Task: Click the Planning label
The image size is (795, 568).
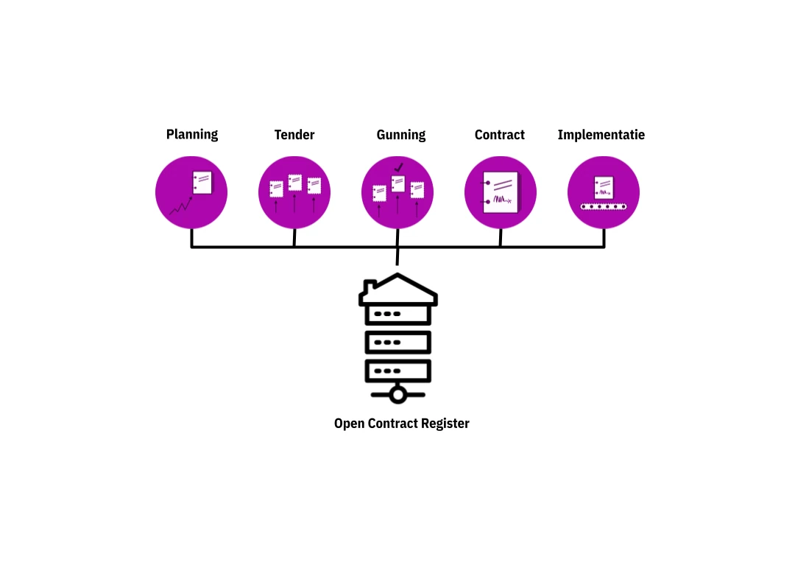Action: click(192, 135)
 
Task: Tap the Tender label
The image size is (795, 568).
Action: click(294, 135)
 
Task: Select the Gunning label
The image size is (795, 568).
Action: click(401, 135)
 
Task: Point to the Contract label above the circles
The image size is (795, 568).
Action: click(500, 135)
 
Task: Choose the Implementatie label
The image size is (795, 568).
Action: click(601, 135)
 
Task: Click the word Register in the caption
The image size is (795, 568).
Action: click(445, 424)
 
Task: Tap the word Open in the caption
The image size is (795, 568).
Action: click(349, 424)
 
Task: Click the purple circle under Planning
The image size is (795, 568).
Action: click(191, 192)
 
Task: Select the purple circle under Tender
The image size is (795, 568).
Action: click(294, 192)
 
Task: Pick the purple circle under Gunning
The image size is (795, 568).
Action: click(397, 192)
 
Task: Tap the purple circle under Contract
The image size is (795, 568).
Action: click(501, 192)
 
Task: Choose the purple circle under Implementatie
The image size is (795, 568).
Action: click(604, 192)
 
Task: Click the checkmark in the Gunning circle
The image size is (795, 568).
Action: click(399, 167)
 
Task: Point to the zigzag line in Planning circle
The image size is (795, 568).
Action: click(180, 207)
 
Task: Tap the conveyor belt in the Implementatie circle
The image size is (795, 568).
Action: click(604, 207)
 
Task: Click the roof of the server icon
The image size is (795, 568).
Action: click(398, 289)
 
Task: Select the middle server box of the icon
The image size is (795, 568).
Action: click(398, 343)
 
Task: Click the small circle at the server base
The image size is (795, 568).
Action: click(398, 396)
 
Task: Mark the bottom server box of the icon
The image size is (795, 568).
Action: click(398, 371)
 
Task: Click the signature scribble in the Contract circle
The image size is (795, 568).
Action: click(501, 200)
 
